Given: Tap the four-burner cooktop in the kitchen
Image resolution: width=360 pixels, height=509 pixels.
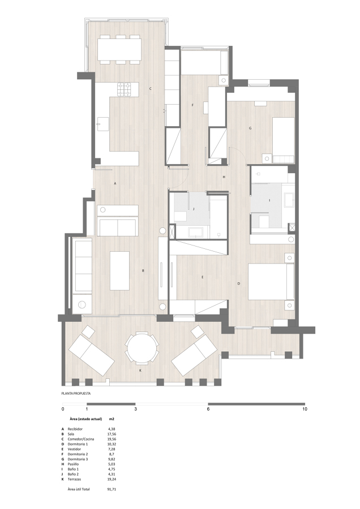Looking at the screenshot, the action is click(x=125, y=89).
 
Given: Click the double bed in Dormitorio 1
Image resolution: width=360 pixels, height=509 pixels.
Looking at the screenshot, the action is click(x=271, y=282).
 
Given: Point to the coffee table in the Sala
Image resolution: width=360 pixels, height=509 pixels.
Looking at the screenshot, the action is click(x=119, y=271).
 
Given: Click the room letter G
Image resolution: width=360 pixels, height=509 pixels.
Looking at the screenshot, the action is click(x=250, y=128).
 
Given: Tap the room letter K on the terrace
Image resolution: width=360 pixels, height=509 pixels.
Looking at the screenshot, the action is click(x=140, y=370).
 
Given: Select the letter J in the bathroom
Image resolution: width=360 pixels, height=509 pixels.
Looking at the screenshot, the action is click(x=194, y=209).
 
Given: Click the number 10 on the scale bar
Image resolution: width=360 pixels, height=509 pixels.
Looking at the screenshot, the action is click(x=305, y=409).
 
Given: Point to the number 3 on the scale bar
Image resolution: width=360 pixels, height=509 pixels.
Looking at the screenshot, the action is click(x=135, y=409).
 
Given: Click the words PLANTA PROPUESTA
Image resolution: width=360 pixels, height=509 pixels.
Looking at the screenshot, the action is click(x=76, y=394).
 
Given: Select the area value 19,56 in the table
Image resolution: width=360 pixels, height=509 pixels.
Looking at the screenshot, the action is click(x=112, y=439).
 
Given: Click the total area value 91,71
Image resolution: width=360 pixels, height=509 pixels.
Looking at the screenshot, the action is click(x=112, y=489).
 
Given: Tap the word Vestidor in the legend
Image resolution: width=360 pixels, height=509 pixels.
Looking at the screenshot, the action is click(x=74, y=449).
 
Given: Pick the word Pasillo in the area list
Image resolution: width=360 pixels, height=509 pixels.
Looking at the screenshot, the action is click(x=73, y=464).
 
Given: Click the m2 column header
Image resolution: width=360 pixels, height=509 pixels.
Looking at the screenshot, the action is click(x=112, y=419).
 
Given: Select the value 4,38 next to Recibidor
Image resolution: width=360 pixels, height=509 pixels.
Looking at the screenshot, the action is click(x=112, y=429).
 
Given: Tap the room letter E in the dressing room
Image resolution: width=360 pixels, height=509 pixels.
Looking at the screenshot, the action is click(x=203, y=277).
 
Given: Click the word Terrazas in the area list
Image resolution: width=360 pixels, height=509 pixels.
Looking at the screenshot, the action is click(x=74, y=479).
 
